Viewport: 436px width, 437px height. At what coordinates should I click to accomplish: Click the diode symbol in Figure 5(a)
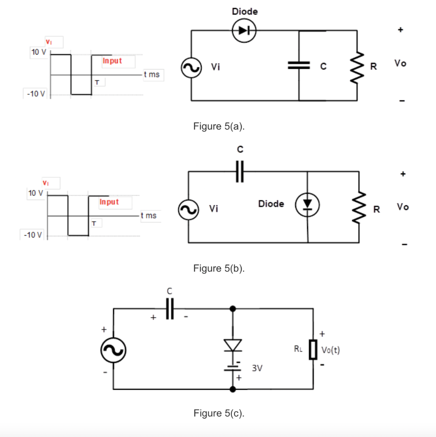[243, 30]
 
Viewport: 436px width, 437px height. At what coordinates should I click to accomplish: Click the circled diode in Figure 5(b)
[307, 204]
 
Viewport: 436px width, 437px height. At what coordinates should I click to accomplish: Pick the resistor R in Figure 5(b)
[359, 207]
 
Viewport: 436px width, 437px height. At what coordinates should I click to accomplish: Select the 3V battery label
[257, 368]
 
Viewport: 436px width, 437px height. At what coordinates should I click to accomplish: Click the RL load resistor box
[313, 350]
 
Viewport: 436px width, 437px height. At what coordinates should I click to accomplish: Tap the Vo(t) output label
[331, 350]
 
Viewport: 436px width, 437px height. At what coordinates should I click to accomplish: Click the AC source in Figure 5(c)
[113, 350]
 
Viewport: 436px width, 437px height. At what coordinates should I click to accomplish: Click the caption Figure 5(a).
[219, 126]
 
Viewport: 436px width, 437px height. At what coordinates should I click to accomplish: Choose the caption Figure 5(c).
[219, 413]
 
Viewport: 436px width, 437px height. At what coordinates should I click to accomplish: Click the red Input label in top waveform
[112, 61]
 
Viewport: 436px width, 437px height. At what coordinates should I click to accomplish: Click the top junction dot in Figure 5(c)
[233, 308]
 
